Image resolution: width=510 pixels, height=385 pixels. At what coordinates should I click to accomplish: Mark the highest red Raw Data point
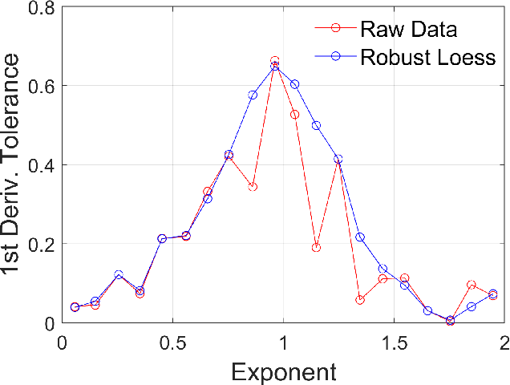(275, 61)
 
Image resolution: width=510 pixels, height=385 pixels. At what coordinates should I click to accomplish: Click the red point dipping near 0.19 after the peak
(316, 248)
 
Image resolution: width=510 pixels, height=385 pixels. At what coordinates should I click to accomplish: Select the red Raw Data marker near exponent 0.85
(253, 187)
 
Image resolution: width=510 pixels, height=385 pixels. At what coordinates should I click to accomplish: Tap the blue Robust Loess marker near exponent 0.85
(253, 95)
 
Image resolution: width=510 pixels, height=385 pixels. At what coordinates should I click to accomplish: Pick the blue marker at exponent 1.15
(316, 125)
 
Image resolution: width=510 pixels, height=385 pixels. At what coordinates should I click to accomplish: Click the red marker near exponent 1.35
(360, 300)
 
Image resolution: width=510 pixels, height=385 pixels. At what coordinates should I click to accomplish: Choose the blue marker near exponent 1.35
(360, 237)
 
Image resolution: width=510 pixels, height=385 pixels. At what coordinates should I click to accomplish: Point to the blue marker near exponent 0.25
(119, 275)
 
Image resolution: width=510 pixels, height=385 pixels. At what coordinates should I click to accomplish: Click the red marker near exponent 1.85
(472, 285)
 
